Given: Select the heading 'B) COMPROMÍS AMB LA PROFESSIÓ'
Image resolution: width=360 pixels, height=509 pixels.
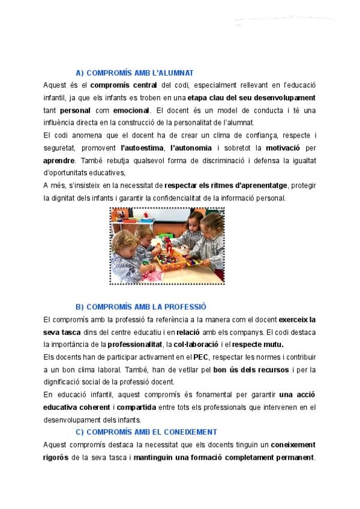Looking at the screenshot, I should coord(140,307).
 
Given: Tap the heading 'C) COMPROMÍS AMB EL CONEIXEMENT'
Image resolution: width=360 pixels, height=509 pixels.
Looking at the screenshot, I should coord(146,432).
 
